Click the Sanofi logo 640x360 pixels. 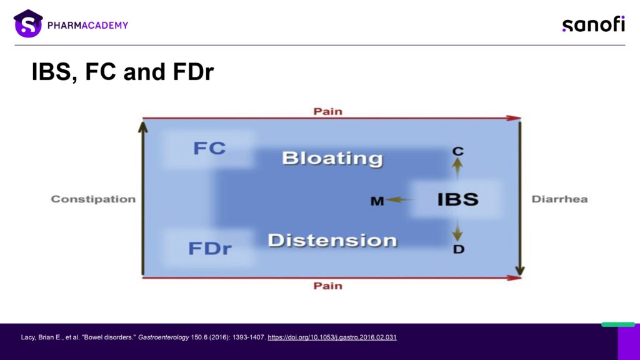[594, 24]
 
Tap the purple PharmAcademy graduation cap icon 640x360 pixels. [28, 24]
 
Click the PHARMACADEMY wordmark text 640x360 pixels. [87, 25]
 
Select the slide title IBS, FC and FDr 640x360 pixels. [122, 72]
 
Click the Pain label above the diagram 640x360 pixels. [327, 111]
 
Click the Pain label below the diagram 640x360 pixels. [327, 286]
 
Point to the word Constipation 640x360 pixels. [93, 199]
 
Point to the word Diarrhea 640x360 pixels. [559, 199]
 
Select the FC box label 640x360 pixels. [209, 148]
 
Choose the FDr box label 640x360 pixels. [210, 248]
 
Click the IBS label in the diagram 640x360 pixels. [458, 199]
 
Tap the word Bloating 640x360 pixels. [332, 158]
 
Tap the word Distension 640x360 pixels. [332, 241]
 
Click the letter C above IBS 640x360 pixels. [458, 151]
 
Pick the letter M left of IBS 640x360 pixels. [377, 201]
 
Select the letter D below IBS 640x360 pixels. [459, 249]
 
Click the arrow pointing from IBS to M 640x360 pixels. [400, 199]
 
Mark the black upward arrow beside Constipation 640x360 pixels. [143, 199]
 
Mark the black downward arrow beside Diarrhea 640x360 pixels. [519, 199]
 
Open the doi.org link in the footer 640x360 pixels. [332, 337]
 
